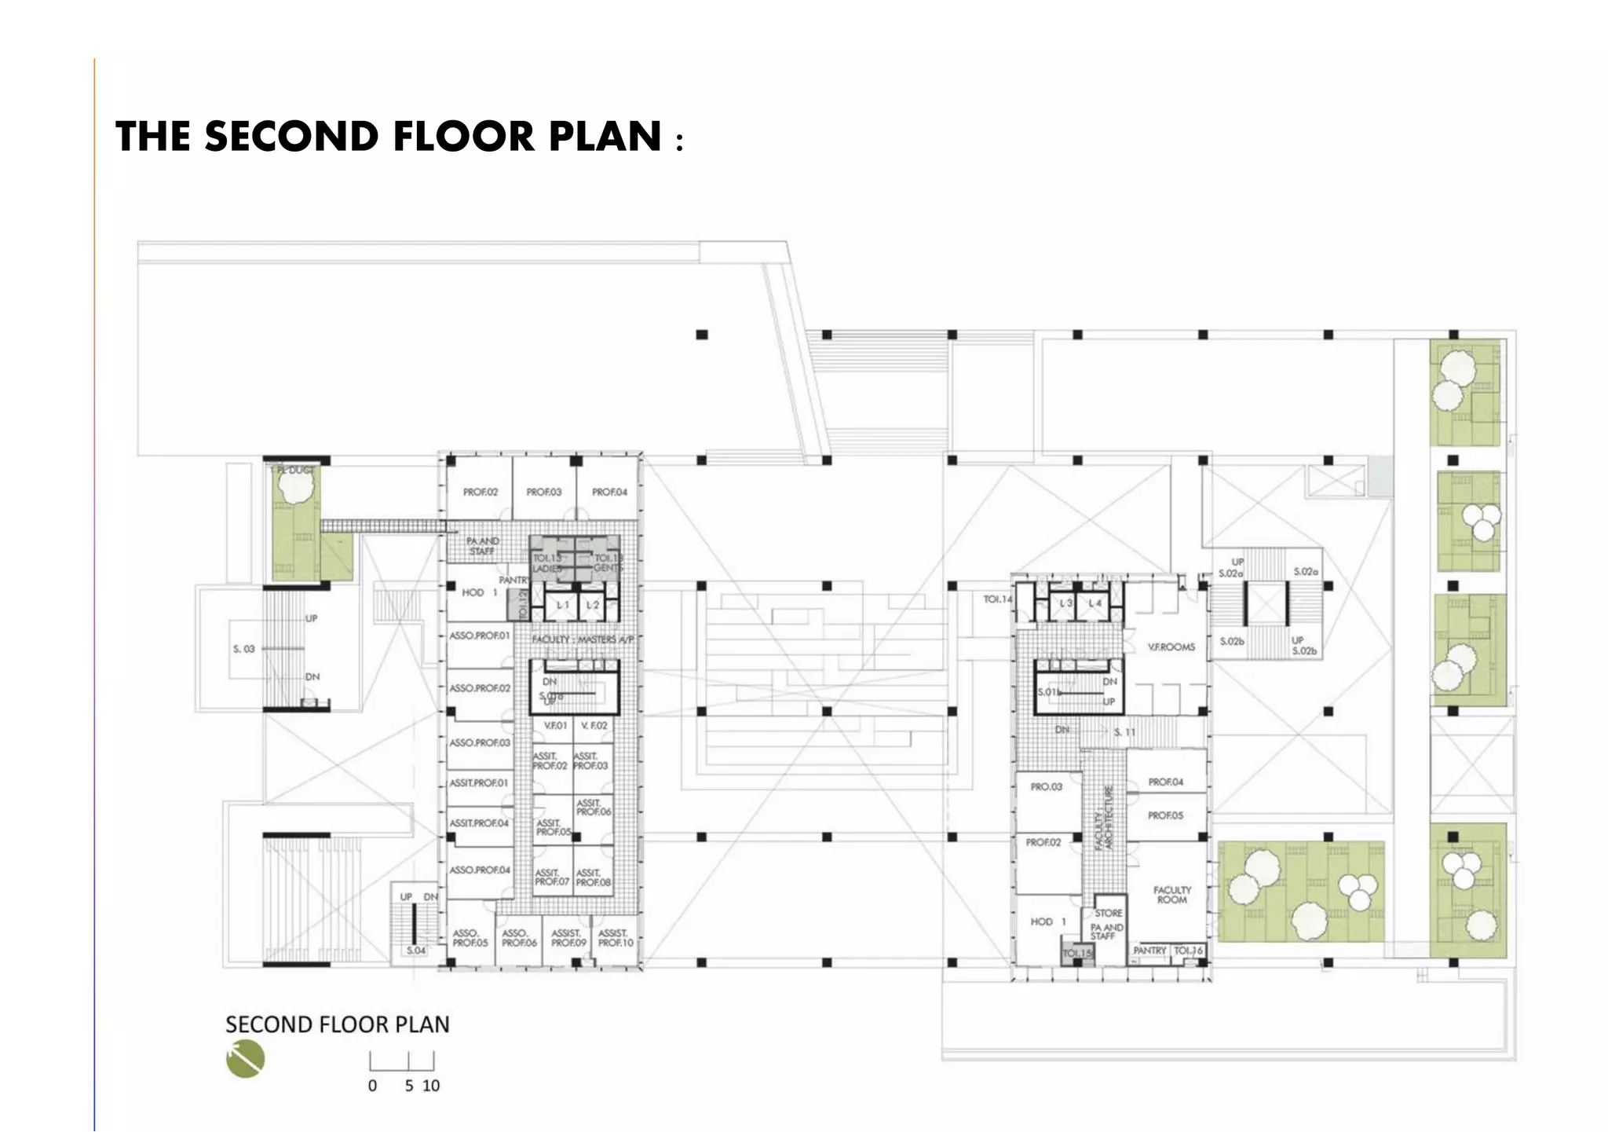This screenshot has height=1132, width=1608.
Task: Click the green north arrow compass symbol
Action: [245, 1059]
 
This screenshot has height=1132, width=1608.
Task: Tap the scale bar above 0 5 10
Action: [401, 1061]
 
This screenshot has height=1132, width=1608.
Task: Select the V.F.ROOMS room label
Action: [1171, 647]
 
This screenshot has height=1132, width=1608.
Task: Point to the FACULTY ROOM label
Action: [1171, 895]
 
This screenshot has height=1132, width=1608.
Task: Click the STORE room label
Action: [1108, 913]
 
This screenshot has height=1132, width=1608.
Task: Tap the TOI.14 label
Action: [997, 599]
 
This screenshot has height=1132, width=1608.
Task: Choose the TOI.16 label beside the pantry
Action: [1188, 951]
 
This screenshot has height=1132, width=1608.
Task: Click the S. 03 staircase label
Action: [243, 649]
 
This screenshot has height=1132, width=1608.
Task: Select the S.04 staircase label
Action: [415, 951]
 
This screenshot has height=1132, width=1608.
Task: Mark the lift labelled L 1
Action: [562, 605]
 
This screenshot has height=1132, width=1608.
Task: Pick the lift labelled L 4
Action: [1095, 603]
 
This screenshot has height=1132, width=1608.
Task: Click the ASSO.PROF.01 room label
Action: [479, 636]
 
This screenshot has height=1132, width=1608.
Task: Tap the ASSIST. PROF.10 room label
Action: [615, 938]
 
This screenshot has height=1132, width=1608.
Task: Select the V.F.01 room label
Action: [555, 726]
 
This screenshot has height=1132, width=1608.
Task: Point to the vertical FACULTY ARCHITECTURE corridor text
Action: [1104, 818]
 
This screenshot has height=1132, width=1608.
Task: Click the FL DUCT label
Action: [295, 470]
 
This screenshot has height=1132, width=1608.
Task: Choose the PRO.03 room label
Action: [1046, 786]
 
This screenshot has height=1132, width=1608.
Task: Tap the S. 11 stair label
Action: [1124, 732]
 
